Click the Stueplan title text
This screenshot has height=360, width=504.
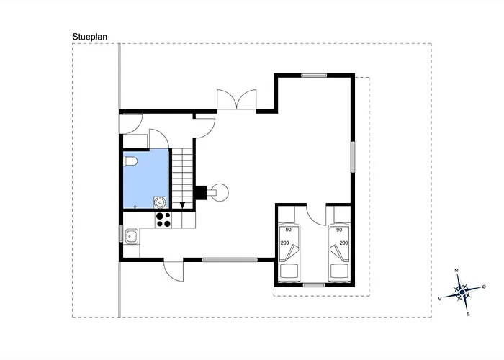click(90, 37)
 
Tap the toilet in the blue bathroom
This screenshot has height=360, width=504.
click(130, 161)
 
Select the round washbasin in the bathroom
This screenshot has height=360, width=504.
click(160, 202)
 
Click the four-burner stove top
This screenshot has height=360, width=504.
click(163, 220)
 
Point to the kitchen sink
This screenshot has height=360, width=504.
click(132, 236)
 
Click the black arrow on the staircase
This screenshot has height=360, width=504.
click(182, 204)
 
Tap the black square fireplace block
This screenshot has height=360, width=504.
click(201, 193)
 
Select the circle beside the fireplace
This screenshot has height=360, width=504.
click(220, 192)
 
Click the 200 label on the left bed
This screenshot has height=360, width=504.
click(285, 243)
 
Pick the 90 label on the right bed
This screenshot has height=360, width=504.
click(339, 230)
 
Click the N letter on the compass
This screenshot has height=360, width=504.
click(456, 270)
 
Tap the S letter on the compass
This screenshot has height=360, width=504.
click(468, 314)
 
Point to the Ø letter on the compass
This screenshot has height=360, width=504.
click(484, 287)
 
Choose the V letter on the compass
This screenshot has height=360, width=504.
click(440, 299)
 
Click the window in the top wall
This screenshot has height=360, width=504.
click(314, 76)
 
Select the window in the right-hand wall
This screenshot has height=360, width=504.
click(353, 157)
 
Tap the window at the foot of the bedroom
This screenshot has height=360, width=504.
click(314, 285)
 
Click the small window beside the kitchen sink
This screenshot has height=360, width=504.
click(121, 233)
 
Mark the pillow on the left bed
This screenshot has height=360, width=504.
click(290, 271)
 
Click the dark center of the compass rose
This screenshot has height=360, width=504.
click(462, 292)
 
